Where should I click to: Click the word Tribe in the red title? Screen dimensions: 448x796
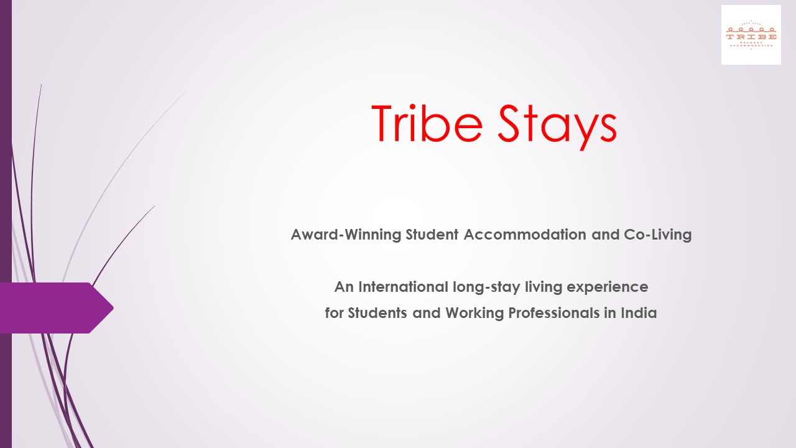click(427, 123)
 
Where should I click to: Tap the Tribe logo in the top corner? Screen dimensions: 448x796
click(751, 35)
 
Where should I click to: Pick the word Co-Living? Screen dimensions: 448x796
click(658, 235)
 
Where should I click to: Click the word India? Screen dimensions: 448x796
click(639, 313)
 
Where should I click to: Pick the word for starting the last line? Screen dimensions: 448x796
click(334, 313)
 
